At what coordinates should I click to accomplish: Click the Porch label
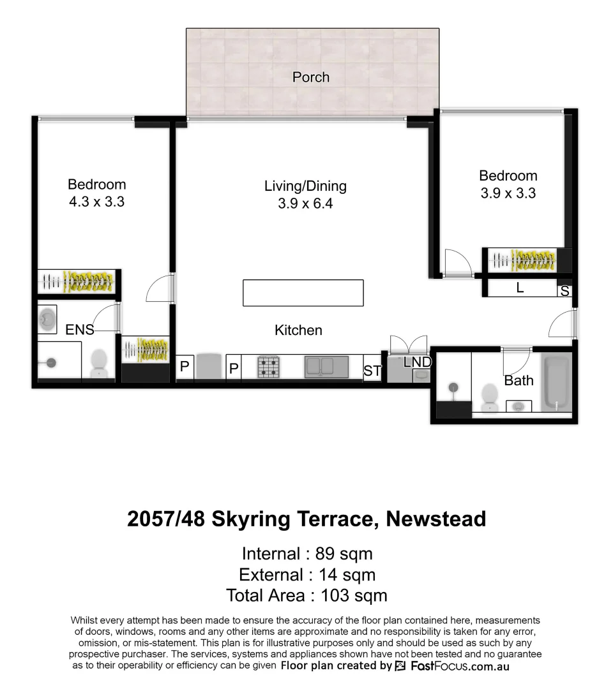311,77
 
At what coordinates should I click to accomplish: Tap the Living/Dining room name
305,186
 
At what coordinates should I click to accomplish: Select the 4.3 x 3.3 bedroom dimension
96,202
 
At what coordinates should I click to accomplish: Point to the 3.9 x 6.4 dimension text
305,204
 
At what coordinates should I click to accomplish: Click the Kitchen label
298,330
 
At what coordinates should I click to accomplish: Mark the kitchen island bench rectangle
303,293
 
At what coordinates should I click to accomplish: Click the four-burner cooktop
269,367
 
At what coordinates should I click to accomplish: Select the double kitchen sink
326,367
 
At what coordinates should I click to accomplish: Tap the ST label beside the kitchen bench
372,371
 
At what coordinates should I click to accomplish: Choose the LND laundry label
418,362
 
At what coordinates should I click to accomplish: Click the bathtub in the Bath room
557,383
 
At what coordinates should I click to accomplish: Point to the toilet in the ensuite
99,364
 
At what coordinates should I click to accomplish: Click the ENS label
79,330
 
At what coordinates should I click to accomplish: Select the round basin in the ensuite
48,317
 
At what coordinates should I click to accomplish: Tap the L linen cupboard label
520,288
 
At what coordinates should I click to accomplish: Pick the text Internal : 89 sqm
306,553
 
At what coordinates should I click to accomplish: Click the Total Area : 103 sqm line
306,595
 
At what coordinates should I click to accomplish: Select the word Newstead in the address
435,519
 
